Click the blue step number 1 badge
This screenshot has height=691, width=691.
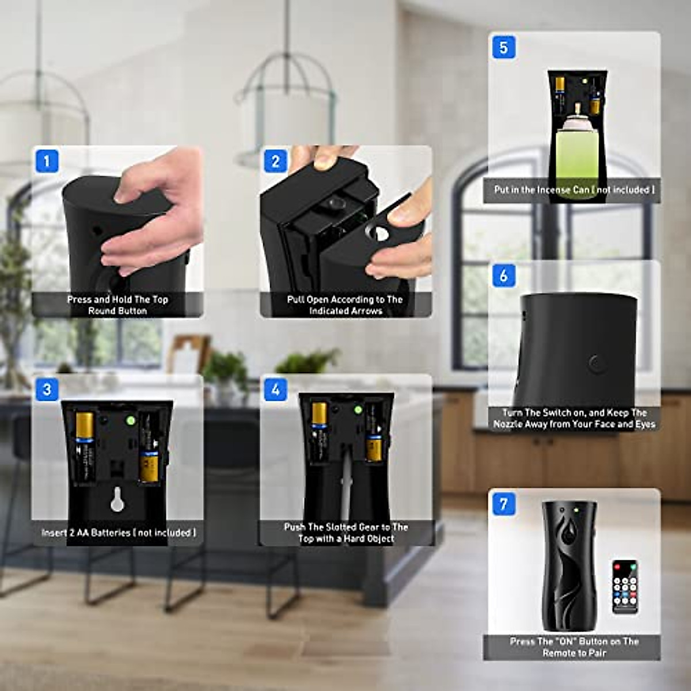tap(47, 161)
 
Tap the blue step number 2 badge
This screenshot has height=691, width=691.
tap(275, 161)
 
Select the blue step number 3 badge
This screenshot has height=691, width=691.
tap(47, 390)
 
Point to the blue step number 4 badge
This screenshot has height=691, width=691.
tap(275, 390)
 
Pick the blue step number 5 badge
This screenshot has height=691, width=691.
tap(504, 47)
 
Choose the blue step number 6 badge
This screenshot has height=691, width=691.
tap(504, 275)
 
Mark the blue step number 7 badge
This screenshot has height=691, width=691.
tap(504, 504)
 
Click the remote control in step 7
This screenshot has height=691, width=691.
tap(625, 586)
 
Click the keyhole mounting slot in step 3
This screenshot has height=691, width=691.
tap(117, 500)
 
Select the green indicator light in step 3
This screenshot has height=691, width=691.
tap(131, 420)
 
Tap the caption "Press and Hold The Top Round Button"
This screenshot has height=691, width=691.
tap(117, 305)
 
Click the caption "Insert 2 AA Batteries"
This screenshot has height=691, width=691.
tap(118, 533)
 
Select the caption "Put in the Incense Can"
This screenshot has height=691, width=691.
tap(574, 189)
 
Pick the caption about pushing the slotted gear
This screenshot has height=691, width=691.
tap(345, 533)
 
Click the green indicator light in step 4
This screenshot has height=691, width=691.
tap(358, 410)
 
